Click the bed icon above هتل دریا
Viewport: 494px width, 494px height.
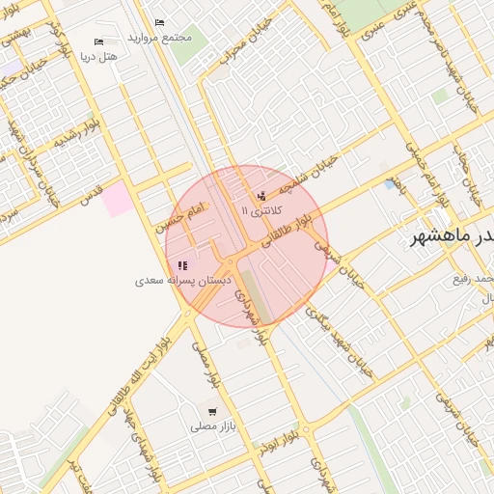[x=98, y=41]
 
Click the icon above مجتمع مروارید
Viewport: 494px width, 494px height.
[x=159, y=22]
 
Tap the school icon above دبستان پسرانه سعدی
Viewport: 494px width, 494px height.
[x=182, y=265]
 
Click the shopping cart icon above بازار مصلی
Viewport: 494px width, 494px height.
[x=211, y=412]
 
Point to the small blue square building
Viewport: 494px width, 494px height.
[x=390, y=183]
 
